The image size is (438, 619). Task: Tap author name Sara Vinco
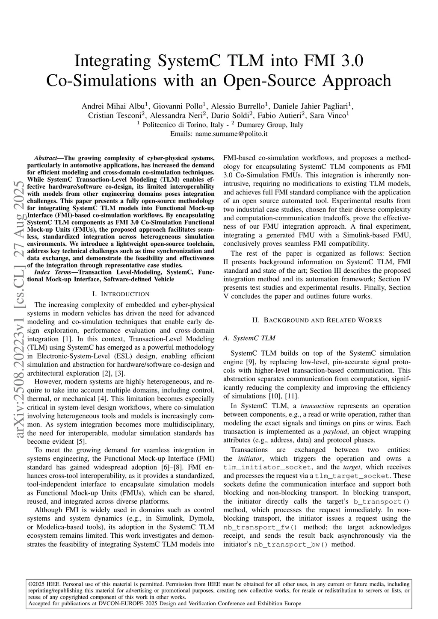(331, 115)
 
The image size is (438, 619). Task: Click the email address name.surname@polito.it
(231, 134)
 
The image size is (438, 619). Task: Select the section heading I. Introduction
(121, 294)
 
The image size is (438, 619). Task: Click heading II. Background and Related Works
(317, 320)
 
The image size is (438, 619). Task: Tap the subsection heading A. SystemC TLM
(249, 338)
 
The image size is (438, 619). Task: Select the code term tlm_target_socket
(352, 476)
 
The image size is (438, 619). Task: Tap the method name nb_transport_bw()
(291, 544)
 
